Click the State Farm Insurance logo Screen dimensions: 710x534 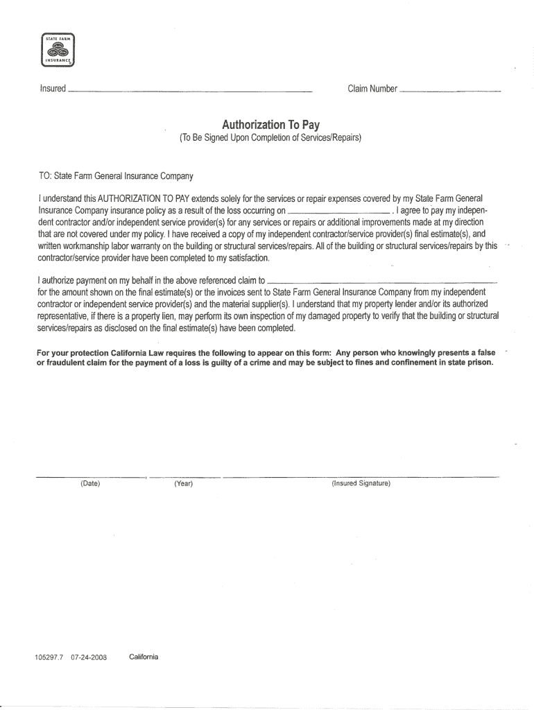tap(58, 49)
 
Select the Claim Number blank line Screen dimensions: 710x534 tap(450, 92)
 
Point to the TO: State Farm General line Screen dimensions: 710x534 tap(116, 175)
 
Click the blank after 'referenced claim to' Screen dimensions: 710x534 tap(382, 283)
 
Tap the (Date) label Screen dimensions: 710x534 tap(90, 483)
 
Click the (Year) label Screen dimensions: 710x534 tap(184, 483)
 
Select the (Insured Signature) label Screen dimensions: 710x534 tap(361, 483)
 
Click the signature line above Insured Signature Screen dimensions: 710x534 tap(361, 477)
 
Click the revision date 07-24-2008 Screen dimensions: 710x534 tap(89, 657)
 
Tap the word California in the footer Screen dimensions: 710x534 tap(144, 657)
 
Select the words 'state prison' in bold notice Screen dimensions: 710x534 tap(470, 362)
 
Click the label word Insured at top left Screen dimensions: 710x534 tap(53, 89)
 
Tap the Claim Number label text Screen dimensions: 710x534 tap(372, 89)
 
